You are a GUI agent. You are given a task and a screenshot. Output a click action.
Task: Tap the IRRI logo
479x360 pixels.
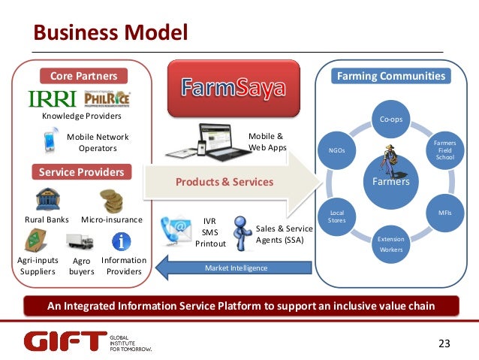click(53, 99)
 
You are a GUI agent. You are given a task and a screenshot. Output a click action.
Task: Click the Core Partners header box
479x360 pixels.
click(83, 76)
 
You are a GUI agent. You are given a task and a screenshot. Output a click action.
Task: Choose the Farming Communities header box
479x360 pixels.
click(390, 76)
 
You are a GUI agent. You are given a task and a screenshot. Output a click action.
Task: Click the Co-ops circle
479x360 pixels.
click(390, 119)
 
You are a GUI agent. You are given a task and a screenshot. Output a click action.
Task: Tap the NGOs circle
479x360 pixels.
click(337, 150)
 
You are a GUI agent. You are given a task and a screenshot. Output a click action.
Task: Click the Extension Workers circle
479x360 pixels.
click(390, 244)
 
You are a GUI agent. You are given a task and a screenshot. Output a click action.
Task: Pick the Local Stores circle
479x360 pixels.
click(337, 216)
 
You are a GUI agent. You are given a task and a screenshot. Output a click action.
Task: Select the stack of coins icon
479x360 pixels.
click(112, 200)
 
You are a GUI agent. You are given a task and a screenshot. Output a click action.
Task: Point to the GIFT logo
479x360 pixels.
click(65, 342)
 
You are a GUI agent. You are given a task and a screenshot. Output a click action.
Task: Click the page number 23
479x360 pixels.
click(444, 343)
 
